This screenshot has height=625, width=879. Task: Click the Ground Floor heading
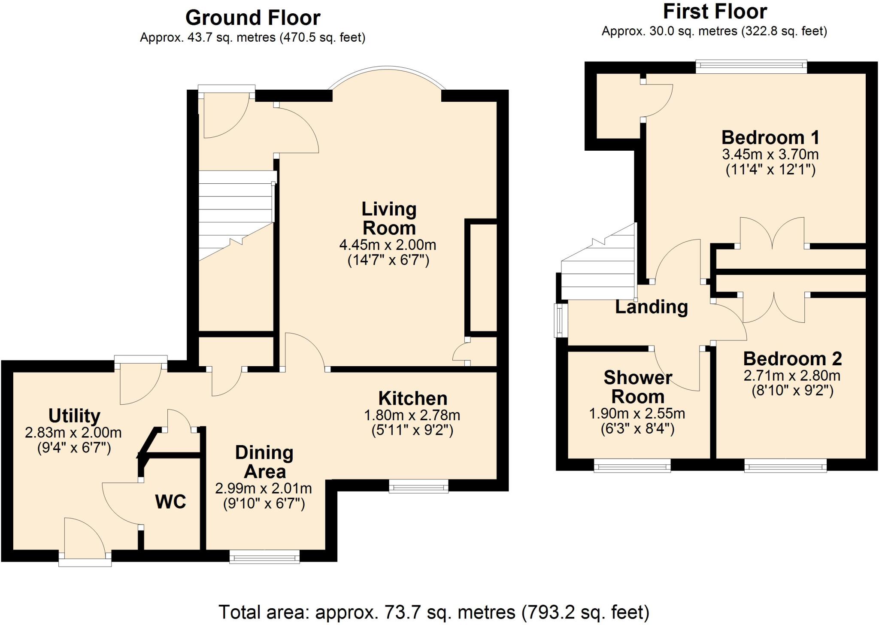(x=253, y=18)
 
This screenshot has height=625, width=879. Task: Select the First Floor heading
(x=715, y=12)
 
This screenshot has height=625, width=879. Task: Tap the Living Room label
(x=389, y=218)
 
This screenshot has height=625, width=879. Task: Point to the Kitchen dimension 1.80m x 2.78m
(x=412, y=415)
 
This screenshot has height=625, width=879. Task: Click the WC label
(x=171, y=501)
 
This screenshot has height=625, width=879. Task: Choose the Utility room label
(x=74, y=416)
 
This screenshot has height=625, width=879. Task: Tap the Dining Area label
(x=264, y=462)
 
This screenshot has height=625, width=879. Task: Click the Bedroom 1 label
(x=770, y=137)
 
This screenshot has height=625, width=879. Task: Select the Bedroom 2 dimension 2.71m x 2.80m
(x=792, y=376)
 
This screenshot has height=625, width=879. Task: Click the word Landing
(x=652, y=307)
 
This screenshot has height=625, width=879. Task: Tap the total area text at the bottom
(x=434, y=613)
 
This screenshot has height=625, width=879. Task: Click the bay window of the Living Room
(x=387, y=68)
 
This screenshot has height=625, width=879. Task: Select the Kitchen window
(x=418, y=485)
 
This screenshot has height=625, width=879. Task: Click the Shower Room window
(x=632, y=465)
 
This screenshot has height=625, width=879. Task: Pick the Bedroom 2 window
(x=785, y=465)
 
